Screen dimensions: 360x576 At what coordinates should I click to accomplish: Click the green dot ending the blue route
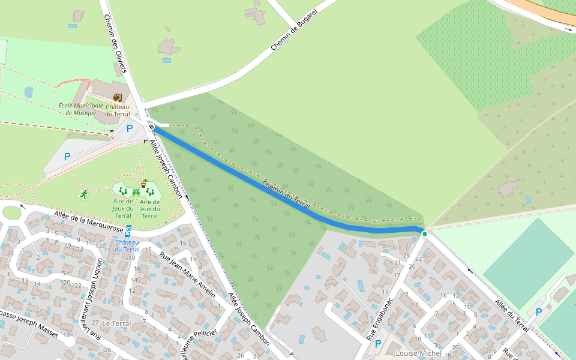coord(424,233)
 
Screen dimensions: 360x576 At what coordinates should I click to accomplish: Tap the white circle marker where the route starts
coord(152,127)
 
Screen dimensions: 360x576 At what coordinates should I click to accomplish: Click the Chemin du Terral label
coord(286,195)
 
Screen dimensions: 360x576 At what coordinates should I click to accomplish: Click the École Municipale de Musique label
coord(80,109)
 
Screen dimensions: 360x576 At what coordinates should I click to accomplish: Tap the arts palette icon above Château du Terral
coord(118,97)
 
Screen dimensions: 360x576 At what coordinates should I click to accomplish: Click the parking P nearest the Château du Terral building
coord(129,128)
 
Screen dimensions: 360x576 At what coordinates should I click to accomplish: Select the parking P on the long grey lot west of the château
coord(67,157)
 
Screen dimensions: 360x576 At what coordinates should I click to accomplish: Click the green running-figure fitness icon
coord(83,194)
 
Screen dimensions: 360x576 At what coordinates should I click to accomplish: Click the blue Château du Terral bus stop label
coord(127,245)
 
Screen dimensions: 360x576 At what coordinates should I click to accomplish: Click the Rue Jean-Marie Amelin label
coord(187,275)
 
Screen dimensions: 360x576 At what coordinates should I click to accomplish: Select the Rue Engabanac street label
coord(381,317)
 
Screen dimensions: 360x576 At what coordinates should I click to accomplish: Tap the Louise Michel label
coord(418,353)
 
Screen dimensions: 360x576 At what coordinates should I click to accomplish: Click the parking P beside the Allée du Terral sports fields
coord(538,312)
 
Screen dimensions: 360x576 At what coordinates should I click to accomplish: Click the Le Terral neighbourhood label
coord(116,323)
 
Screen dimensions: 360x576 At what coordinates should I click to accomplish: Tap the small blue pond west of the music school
coord(29,92)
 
